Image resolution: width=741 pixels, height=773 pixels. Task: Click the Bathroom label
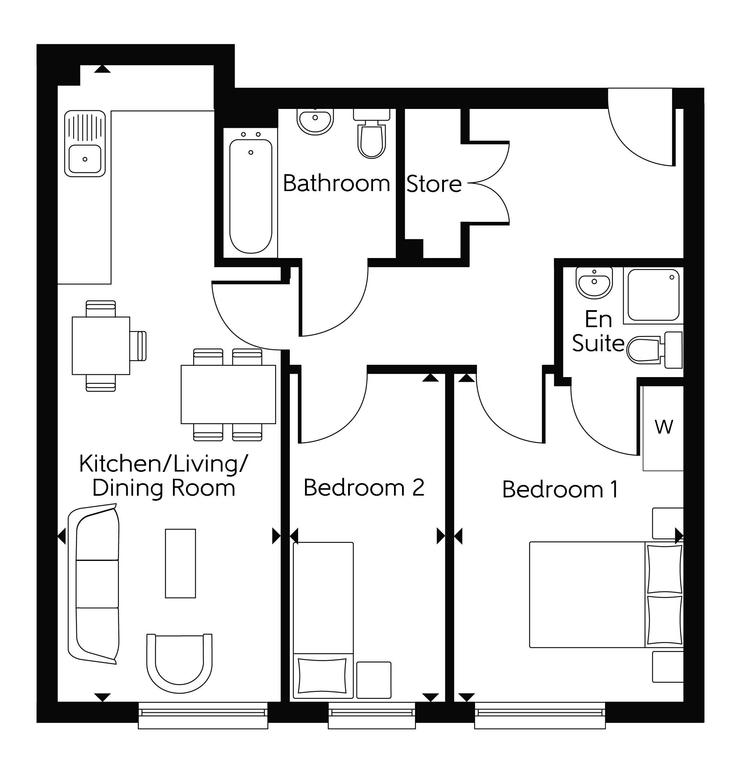coord(336,183)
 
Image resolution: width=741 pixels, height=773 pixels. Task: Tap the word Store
coord(434,184)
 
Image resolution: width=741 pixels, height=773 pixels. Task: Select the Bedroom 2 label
coord(364,487)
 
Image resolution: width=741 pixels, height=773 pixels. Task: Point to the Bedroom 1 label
coord(560,489)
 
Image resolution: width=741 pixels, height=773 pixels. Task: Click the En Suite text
coord(598,331)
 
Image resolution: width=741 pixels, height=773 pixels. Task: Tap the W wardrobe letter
coord(664,427)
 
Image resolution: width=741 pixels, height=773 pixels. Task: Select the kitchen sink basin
coord(85,159)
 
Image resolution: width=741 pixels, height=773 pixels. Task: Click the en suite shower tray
coord(653,295)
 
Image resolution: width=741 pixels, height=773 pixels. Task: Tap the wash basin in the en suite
coord(594,282)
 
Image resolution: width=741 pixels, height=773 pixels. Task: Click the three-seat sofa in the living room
coord(94,584)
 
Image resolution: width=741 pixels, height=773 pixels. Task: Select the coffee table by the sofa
coord(180,563)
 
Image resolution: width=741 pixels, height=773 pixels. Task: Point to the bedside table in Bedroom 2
coord(373,680)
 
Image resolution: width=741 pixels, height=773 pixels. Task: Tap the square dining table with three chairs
coord(101,346)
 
